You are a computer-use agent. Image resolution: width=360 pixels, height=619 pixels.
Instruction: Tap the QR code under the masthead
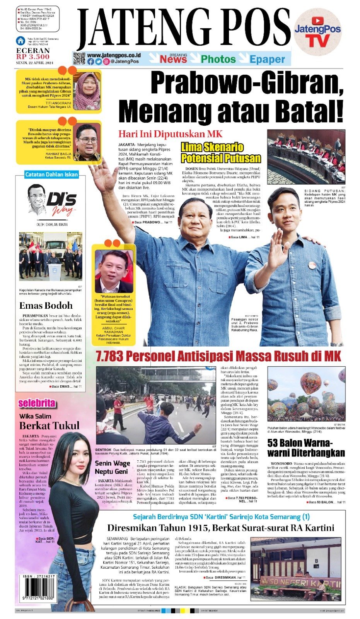[x=79, y=58]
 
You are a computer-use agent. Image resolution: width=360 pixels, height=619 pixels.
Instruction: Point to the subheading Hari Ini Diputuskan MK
[x=170, y=134]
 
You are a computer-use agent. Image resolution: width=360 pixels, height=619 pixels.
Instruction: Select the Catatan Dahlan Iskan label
[x=51, y=174]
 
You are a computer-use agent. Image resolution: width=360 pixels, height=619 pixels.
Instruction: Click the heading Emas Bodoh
[x=46, y=306]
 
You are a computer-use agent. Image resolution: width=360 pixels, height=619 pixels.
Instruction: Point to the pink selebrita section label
[x=37, y=404]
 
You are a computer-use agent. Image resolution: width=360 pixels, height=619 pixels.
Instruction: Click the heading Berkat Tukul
[x=49, y=426]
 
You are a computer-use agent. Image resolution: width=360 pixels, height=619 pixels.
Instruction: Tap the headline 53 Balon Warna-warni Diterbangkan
[x=306, y=448]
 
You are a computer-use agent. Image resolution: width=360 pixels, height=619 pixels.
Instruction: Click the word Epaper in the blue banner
[x=267, y=59]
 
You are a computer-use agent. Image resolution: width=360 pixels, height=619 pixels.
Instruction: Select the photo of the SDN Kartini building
[x=296, y=566]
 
